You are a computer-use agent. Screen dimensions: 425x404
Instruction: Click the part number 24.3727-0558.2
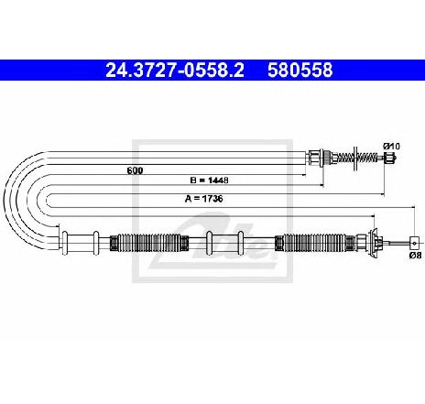[x=175, y=70]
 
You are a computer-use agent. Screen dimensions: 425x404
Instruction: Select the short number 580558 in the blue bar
[x=300, y=70]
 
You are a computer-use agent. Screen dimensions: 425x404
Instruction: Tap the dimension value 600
[x=135, y=170]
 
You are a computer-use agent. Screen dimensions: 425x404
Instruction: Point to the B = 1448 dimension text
[x=209, y=180]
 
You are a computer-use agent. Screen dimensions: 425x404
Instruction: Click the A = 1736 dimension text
[x=203, y=199]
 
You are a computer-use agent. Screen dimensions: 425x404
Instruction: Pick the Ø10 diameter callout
[x=391, y=147]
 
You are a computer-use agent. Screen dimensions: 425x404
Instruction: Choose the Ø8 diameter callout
[x=416, y=255]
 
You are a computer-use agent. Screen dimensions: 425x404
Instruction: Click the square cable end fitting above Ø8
[x=414, y=243]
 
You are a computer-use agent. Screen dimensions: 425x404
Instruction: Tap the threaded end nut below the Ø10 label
[x=389, y=158]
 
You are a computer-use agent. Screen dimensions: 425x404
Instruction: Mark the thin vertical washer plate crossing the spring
[x=355, y=158]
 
